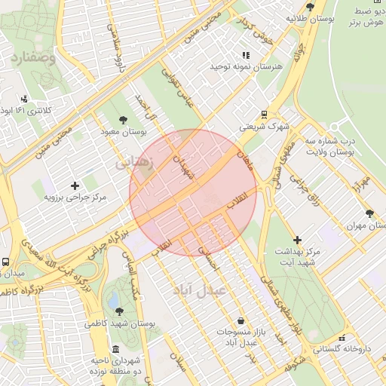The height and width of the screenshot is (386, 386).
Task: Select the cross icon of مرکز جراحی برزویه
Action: click(75, 185)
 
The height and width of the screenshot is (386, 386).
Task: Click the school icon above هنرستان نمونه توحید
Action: click(245, 55)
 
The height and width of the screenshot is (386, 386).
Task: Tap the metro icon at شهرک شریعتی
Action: click(264, 115)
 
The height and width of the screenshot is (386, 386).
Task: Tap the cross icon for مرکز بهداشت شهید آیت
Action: click(297, 239)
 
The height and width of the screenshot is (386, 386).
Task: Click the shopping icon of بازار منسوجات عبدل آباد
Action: click(240, 320)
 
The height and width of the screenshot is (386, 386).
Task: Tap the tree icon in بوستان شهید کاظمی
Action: click(117, 310)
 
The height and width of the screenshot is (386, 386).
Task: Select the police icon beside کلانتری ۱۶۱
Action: click(24, 99)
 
